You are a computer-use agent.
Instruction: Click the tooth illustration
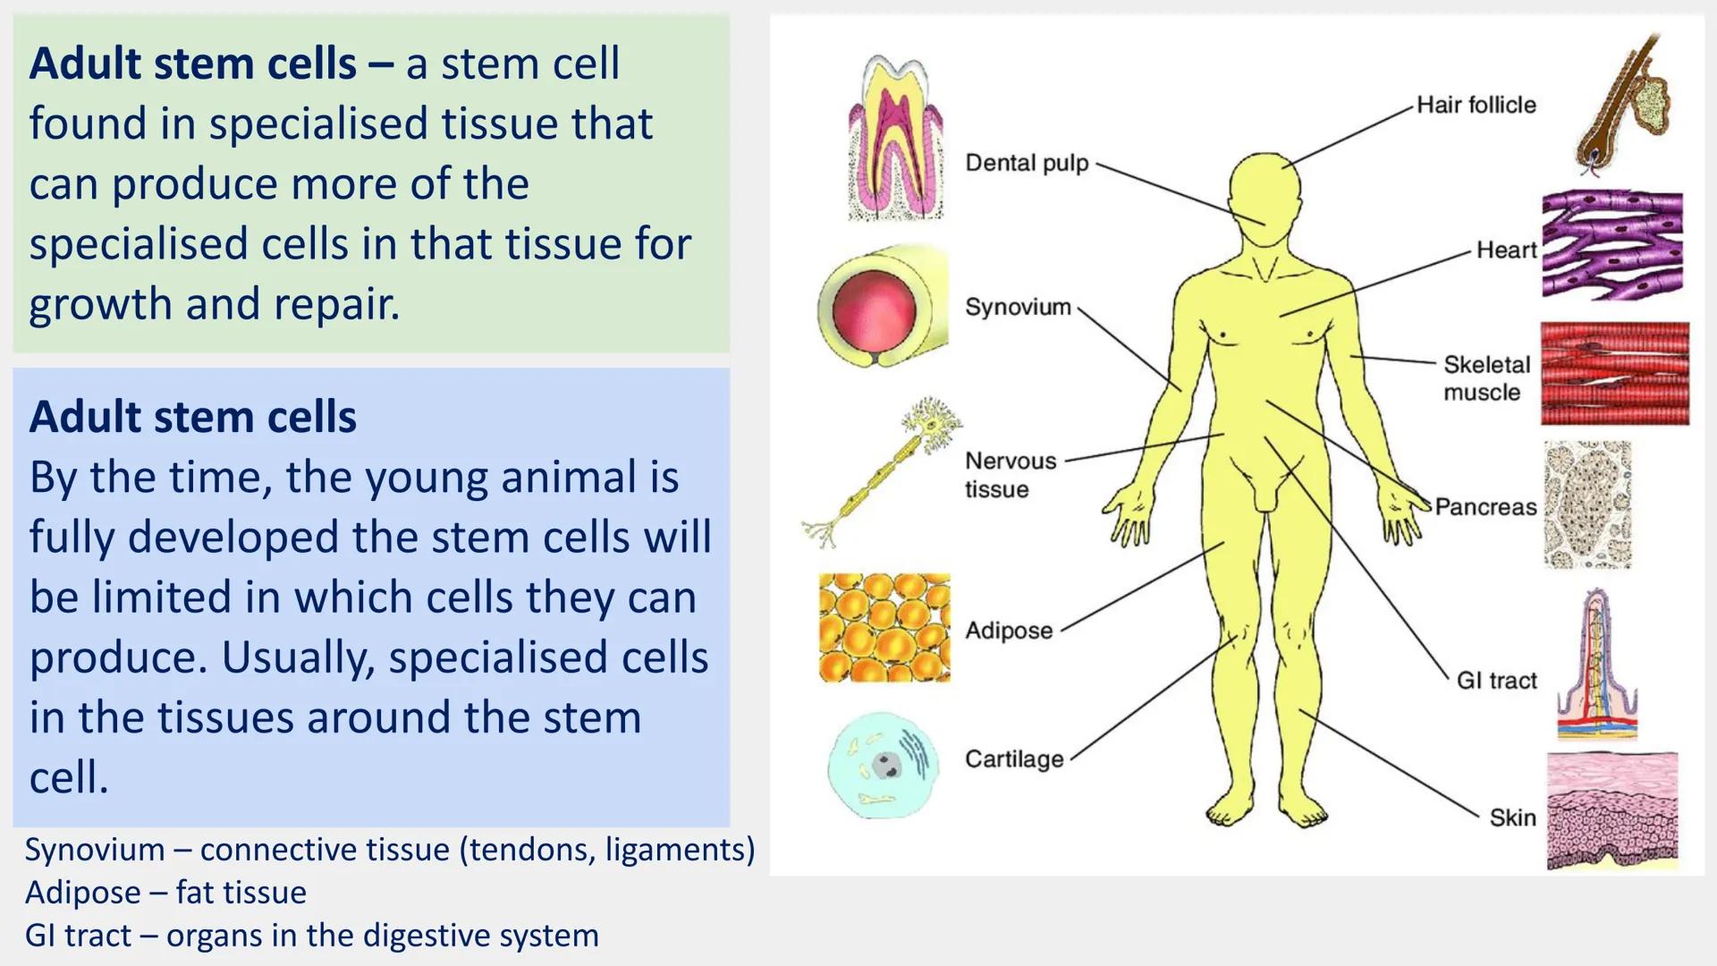click(895, 139)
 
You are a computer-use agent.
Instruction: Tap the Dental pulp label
click(1027, 163)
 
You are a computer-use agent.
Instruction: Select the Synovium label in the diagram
click(1018, 307)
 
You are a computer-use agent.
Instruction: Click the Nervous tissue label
click(1010, 475)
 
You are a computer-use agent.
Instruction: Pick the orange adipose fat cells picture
click(884, 627)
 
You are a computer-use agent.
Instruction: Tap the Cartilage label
click(1014, 759)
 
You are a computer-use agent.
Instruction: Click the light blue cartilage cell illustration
click(884, 766)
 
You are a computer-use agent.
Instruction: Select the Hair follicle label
click(1476, 105)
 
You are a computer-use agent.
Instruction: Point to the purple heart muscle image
click(1611, 244)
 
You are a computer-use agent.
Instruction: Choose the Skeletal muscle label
click(1486, 378)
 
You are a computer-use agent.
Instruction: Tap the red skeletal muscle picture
click(1614, 374)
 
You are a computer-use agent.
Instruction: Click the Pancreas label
click(1485, 507)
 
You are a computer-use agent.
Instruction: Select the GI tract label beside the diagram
click(1496, 681)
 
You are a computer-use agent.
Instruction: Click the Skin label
click(1512, 818)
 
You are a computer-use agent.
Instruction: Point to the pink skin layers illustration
click(1612, 810)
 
